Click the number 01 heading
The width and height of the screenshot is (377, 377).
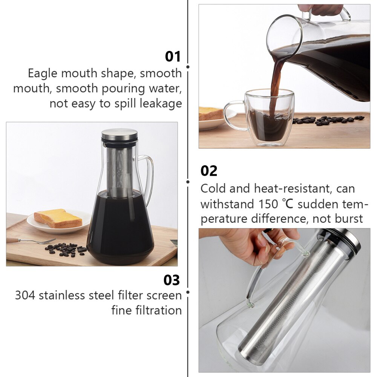pos(173,57)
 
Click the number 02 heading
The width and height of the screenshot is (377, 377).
pos(209,171)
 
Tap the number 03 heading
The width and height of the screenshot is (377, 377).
pos(172,280)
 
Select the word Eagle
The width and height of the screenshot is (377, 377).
pos(43,73)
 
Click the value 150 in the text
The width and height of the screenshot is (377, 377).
pos(268,204)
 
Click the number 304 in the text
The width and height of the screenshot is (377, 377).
pos(26,295)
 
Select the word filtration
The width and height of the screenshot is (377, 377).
pos(147,310)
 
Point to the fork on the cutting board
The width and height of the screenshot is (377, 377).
pos(30,241)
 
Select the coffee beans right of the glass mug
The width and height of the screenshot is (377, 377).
pos(328,120)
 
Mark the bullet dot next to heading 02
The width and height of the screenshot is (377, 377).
pos(188,181)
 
